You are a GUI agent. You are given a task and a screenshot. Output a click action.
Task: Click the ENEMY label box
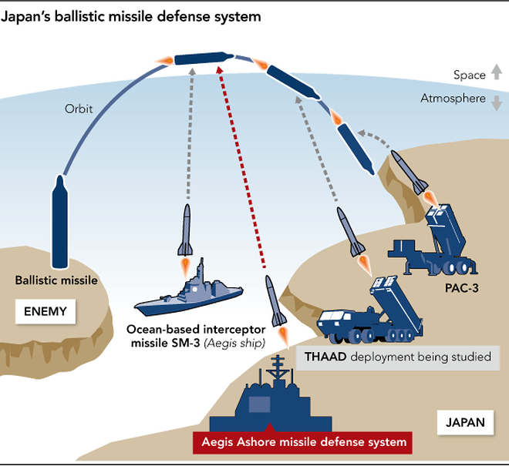coord(46,312)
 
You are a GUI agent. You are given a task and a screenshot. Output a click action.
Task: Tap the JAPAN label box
coord(465,422)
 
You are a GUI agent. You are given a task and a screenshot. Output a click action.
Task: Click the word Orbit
coord(79,109)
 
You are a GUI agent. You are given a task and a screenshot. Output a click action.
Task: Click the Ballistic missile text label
coord(56,280)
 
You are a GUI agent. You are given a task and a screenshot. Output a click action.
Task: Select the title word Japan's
coord(35,16)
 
